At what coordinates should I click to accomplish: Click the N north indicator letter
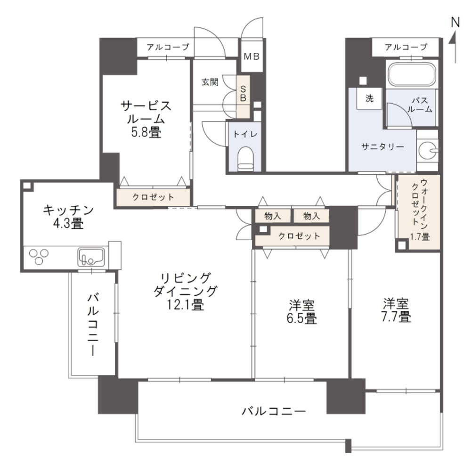click(x=455, y=22)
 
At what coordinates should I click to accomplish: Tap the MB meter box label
click(x=252, y=56)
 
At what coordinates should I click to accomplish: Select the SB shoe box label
click(x=243, y=93)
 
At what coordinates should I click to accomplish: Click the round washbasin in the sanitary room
click(x=428, y=150)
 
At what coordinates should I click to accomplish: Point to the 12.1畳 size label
click(x=185, y=305)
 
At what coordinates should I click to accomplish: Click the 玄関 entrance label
click(x=210, y=82)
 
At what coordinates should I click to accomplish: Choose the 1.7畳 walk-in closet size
click(x=419, y=237)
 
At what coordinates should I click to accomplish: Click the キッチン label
click(x=68, y=210)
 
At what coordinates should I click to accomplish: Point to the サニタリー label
click(x=382, y=146)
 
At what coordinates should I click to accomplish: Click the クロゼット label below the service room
click(x=153, y=197)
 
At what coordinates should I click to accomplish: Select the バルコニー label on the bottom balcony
click(x=274, y=411)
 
